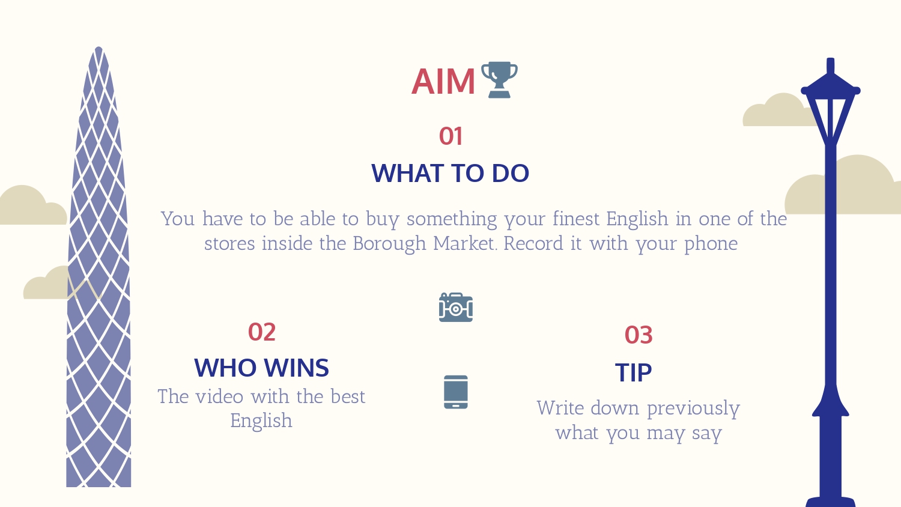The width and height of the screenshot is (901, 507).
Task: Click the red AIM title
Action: [x=443, y=82]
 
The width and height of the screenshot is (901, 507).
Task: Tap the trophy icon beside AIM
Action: [x=499, y=80]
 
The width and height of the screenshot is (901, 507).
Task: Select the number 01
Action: [x=450, y=136]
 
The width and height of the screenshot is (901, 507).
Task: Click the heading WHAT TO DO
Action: [x=450, y=174]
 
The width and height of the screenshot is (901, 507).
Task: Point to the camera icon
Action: [x=456, y=308]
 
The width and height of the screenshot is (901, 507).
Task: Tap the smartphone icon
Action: [x=456, y=392]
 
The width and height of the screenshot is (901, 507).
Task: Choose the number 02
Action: [x=262, y=332]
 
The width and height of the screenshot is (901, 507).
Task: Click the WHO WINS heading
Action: [x=261, y=368]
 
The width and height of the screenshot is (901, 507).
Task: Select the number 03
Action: [x=639, y=335]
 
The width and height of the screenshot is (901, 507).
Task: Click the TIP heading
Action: [x=634, y=372]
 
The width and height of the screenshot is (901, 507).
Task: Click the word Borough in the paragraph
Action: [x=389, y=244]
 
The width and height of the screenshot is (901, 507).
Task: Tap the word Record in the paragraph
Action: [x=533, y=243]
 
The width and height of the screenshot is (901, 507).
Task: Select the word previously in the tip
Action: [x=693, y=409]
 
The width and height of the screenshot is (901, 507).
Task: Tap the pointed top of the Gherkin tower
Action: [x=99, y=47]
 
